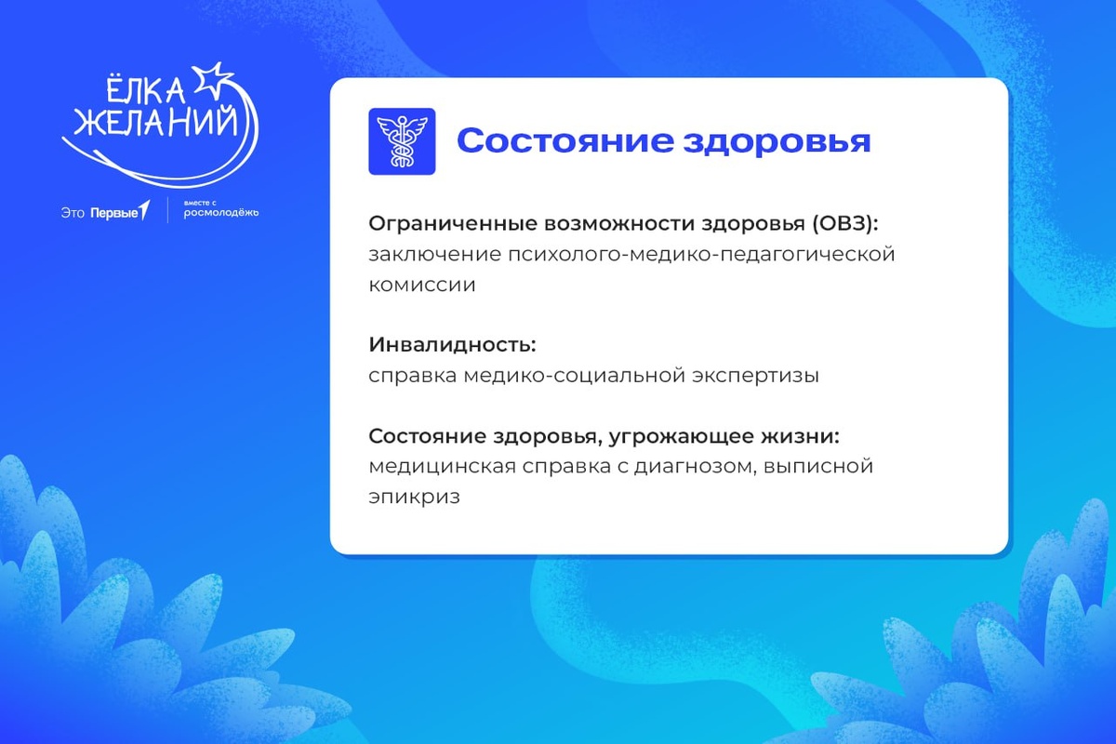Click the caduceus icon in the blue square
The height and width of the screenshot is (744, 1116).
point(402,141)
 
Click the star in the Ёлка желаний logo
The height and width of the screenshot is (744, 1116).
point(213,80)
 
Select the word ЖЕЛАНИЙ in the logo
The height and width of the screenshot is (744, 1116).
point(155,123)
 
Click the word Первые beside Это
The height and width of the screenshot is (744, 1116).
point(114,213)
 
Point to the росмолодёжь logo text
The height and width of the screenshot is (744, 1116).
point(221,213)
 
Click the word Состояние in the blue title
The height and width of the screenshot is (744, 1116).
point(565,141)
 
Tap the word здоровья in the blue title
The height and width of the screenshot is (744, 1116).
point(777,142)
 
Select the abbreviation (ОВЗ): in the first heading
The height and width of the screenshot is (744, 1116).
point(845,224)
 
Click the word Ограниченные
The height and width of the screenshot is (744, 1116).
point(453,224)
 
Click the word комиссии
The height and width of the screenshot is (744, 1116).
point(422,286)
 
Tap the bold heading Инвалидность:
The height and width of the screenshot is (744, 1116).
point(452,345)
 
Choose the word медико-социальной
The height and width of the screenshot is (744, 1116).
point(575,376)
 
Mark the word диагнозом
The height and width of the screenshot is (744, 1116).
point(693,467)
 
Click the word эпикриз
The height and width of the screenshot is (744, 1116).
point(414,498)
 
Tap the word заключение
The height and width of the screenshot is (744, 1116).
point(435,255)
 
